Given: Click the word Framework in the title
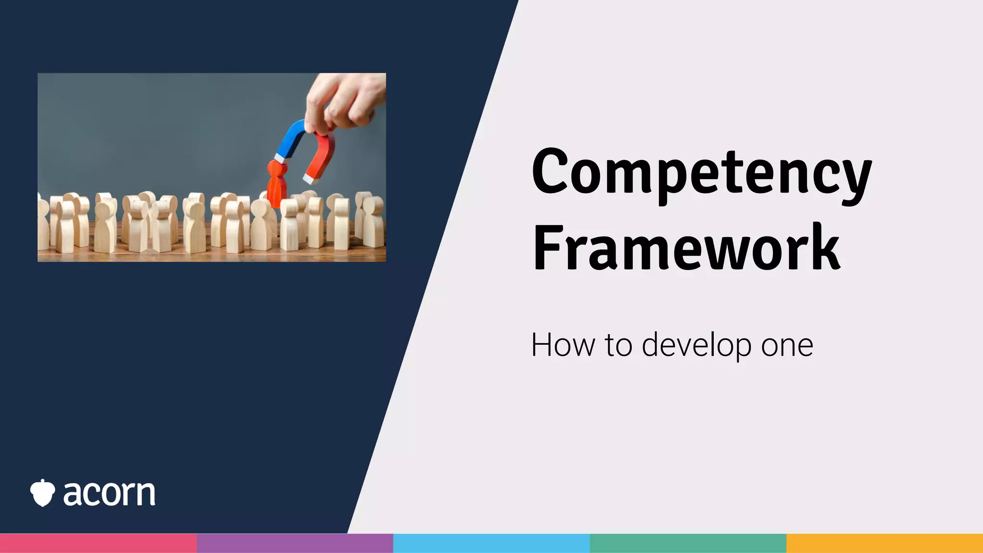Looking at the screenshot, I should (686, 249).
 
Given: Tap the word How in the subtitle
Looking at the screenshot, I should (563, 345).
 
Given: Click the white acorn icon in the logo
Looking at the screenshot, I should (42, 493).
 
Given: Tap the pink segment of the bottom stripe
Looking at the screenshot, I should (98, 543).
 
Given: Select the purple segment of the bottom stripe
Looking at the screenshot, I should (295, 543).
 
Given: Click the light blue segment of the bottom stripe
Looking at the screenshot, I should (491, 543).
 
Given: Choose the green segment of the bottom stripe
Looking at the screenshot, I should (688, 543).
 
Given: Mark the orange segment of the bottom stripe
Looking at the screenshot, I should (885, 543).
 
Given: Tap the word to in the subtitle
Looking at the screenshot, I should (618, 345).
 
